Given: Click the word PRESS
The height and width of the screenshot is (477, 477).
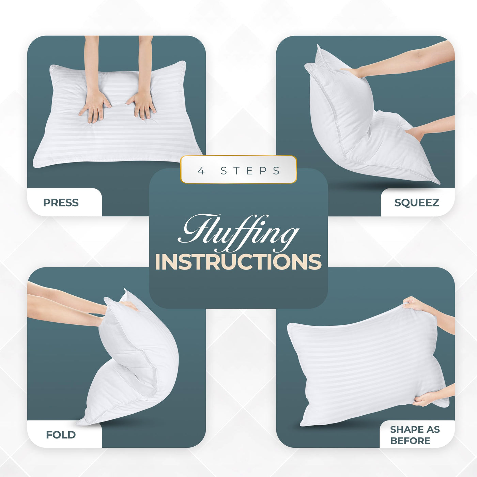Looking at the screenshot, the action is pos(61,202).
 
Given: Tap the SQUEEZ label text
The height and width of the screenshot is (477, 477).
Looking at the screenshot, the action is pos(417,202).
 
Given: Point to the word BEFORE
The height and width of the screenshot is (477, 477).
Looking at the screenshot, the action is pos(410,441).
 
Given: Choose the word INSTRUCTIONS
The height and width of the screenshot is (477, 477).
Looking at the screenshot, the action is pos(238,262).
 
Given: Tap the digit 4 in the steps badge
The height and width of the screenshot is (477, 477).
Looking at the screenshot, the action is pos(201,171).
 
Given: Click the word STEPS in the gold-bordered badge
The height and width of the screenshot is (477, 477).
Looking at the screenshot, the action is pos(250,171).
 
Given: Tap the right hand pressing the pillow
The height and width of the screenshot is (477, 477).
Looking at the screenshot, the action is pos(142,105).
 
